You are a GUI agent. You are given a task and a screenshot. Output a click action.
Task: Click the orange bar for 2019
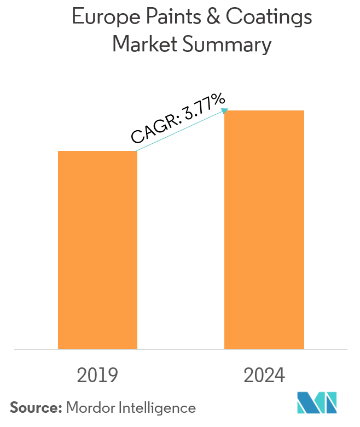point(97,250)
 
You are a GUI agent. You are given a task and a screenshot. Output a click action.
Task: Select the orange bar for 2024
point(264,230)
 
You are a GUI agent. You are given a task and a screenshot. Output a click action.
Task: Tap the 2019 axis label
point(98,376)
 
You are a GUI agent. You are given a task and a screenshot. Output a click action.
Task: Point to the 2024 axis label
point(264,376)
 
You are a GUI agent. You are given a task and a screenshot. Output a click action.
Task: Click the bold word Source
point(36,407)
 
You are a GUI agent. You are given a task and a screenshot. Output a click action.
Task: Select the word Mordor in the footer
point(89,407)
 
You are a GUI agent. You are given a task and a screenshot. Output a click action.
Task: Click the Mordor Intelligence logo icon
point(317,403)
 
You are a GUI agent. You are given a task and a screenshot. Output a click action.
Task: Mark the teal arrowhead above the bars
point(224,111)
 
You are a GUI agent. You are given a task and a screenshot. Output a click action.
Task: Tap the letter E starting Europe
point(77,17)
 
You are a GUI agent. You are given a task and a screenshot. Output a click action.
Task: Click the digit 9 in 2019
point(113,376)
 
